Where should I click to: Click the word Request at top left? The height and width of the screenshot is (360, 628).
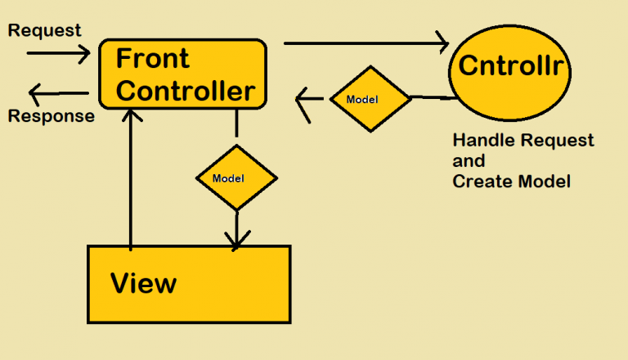point(44,30)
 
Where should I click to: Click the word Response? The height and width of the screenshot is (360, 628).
point(51,116)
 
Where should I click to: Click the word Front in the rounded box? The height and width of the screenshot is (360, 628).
point(153,59)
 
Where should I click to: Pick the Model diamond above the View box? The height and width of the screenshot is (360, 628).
point(236,178)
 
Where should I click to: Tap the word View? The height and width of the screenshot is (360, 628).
point(143,283)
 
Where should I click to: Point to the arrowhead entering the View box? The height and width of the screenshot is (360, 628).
point(237,240)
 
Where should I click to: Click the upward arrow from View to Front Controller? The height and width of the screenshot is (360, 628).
point(130,180)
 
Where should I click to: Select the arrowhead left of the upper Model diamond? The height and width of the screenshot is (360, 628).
point(307,103)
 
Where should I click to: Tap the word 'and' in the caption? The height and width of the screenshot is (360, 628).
point(469,160)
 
